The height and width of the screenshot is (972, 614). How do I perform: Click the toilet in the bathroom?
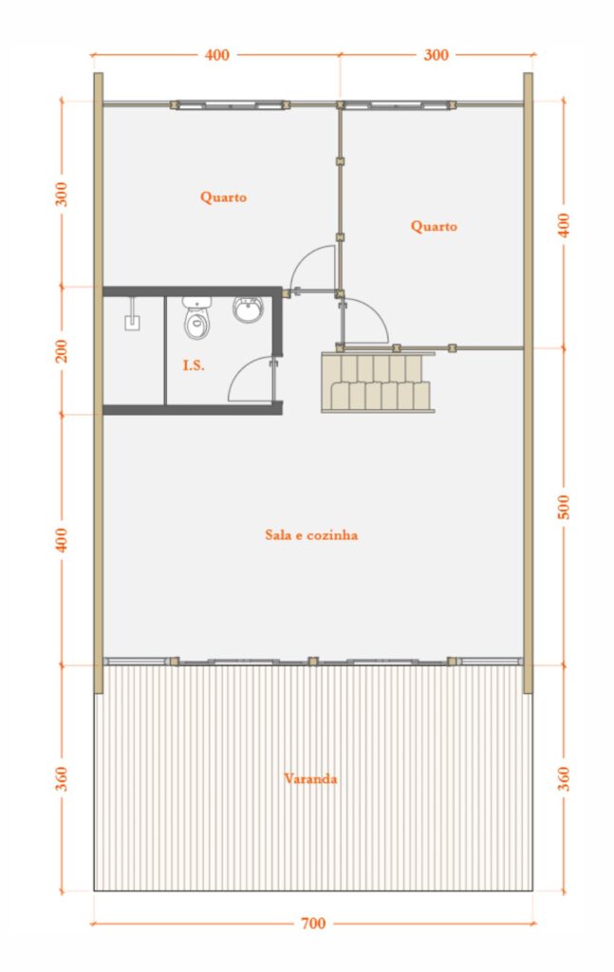click(197, 318)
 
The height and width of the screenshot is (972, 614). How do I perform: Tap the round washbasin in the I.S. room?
click(249, 308)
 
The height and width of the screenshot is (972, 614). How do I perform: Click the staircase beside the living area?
click(378, 382)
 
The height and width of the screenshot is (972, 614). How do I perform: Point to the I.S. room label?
click(194, 365)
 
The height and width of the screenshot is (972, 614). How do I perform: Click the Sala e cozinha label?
click(311, 535)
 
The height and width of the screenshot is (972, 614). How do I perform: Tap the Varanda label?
click(310, 778)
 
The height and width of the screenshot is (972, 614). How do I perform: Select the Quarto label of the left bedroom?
click(223, 197)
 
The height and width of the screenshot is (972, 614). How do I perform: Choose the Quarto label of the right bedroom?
click(434, 226)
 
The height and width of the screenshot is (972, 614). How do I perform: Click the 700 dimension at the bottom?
click(313, 923)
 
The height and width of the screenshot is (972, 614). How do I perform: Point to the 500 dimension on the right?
click(563, 507)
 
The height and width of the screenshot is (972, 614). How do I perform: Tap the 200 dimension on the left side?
click(62, 351)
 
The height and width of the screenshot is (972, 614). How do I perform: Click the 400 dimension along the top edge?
click(217, 54)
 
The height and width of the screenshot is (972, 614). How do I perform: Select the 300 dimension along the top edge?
click(436, 54)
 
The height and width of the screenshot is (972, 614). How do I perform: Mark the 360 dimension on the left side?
click(62, 778)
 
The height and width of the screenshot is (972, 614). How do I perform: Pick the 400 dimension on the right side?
click(563, 225)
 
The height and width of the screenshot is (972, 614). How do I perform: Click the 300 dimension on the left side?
click(62, 194)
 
